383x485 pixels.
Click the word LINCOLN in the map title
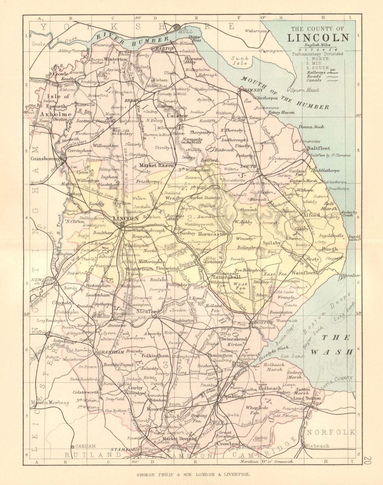[x=318, y=38]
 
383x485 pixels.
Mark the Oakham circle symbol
[x=73, y=446]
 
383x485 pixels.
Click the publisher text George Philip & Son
[x=191, y=473]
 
